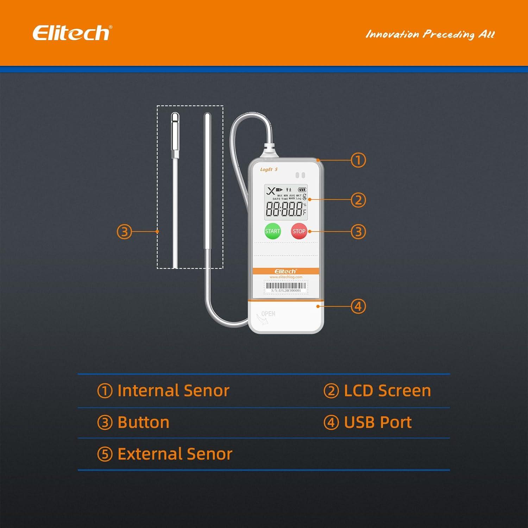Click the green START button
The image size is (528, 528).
pos(272,231)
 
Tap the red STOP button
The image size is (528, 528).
pos(299,231)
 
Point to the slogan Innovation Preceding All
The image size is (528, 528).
pos(430,34)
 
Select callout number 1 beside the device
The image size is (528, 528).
pos(358,160)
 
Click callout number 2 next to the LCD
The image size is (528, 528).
pos(358,200)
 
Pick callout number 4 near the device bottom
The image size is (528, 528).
pos(358,306)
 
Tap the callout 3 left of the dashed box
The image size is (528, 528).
pos(124,232)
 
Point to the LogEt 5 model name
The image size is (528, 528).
pos(269,170)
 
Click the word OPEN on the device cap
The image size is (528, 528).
pos(268,314)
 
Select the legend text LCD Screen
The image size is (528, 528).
pos(387,391)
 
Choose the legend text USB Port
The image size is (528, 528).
pos(378,422)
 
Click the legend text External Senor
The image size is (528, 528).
pos(175,454)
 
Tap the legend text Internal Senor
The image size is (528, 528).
pos(173,391)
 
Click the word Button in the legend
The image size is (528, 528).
pos(143,422)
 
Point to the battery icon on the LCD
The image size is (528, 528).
pos(302,190)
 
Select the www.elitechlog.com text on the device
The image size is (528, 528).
pos(286,277)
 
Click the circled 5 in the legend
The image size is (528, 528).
pos(105,454)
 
